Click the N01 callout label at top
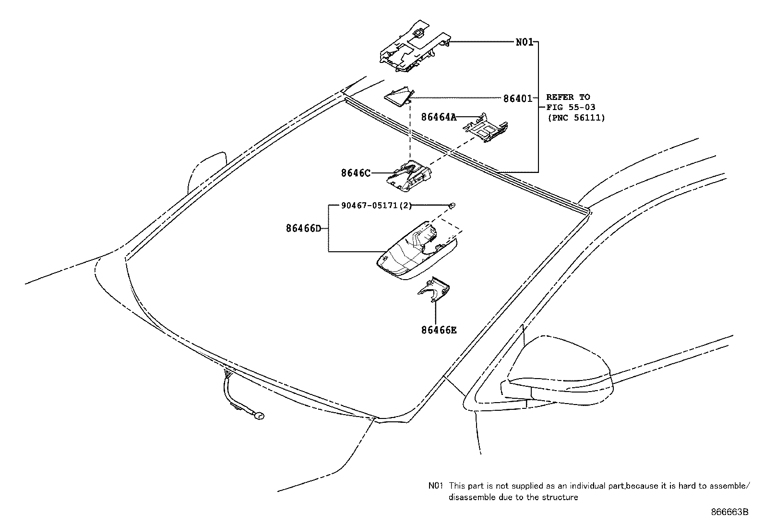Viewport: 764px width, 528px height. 525,42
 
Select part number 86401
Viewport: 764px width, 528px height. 517,99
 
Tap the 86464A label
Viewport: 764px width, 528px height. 439,117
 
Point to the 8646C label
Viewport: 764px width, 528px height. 356,173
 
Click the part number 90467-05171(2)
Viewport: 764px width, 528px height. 376,206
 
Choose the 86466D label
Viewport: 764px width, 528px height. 303,229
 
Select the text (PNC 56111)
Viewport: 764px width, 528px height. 576,117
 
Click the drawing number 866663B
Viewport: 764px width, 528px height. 729,512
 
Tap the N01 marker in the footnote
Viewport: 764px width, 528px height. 436,486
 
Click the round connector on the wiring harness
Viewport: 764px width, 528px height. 259,416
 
